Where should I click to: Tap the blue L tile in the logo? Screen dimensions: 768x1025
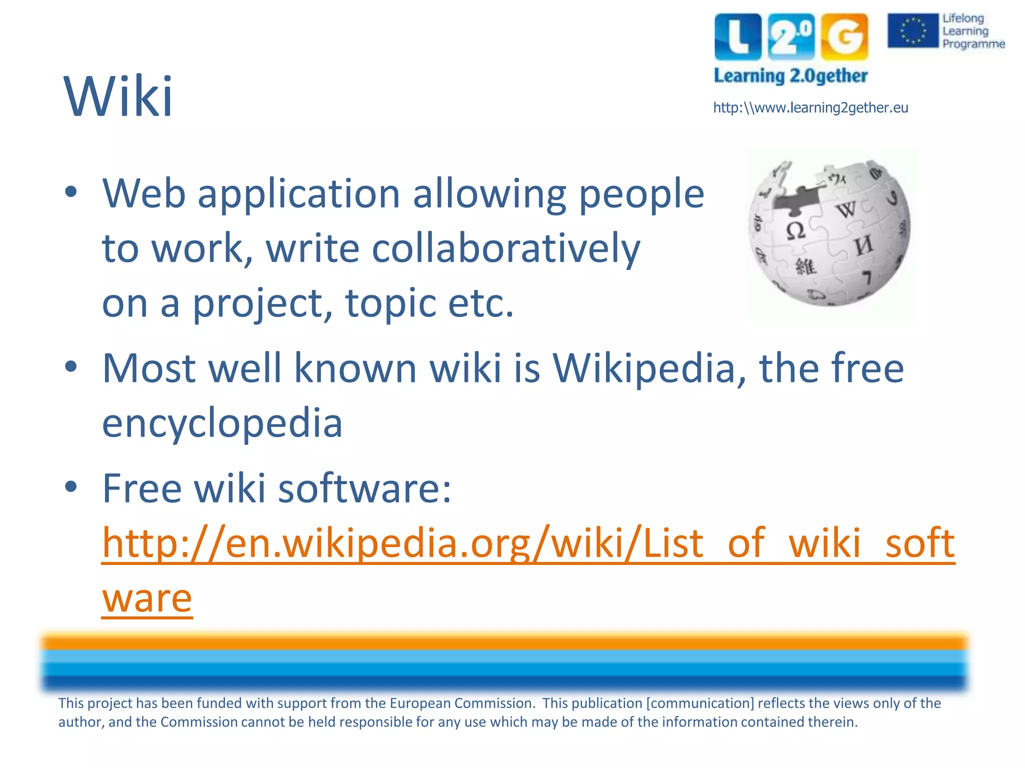pyautogui.click(x=738, y=36)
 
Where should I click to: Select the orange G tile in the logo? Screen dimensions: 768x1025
pyautogui.click(x=844, y=36)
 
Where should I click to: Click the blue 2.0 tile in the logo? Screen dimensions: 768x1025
pyautogui.click(x=791, y=36)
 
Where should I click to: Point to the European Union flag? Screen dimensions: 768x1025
pyautogui.click(x=912, y=30)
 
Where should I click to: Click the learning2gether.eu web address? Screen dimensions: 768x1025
pyautogui.click(x=810, y=108)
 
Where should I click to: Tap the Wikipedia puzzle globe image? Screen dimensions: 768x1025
pyautogui.click(x=829, y=233)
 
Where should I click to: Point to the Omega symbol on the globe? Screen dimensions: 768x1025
pyautogui.click(x=796, y=231)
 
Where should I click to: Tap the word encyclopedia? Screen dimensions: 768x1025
pyautogui.click(x=222, y=423)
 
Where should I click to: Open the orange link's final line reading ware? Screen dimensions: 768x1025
pyautogui.click(x=147, y=598)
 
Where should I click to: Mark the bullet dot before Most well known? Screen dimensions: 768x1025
pyautogui.click(x=71, y=366)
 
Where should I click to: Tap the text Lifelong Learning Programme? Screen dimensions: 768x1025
pyautogui.click(x=972, y=31)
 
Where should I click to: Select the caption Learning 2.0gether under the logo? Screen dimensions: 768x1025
pyautogui.click(x=790, y=76)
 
